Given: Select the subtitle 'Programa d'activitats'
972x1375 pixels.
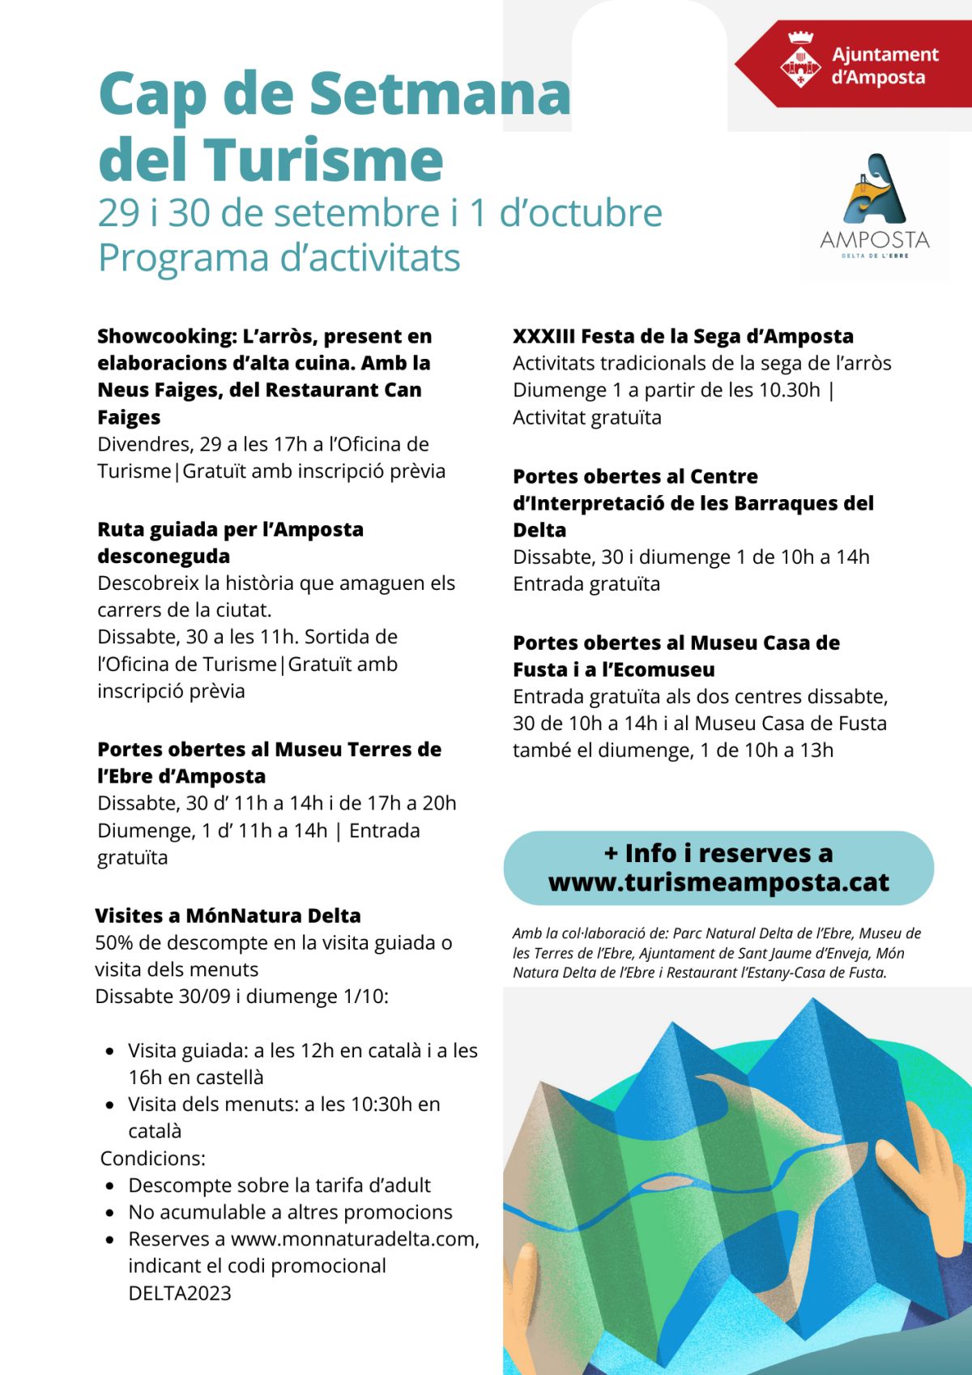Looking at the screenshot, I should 279,258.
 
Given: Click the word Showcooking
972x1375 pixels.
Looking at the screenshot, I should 165,336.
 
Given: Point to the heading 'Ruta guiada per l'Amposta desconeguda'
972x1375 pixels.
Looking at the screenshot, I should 230,542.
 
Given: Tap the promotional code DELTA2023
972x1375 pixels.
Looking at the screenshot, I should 180,1293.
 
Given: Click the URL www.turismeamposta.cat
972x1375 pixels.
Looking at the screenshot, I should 718,882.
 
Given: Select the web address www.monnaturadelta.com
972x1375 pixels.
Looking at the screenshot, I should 354,1239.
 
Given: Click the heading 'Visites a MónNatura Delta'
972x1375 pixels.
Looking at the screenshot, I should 228,916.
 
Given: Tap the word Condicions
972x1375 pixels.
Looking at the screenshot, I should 152,1158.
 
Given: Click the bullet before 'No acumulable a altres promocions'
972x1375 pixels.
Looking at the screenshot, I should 110,1213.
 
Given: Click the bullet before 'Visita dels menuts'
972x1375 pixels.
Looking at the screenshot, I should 110,1105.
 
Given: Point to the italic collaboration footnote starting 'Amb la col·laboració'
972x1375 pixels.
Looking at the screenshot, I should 716,953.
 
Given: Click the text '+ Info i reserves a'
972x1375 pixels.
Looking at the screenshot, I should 718,853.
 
